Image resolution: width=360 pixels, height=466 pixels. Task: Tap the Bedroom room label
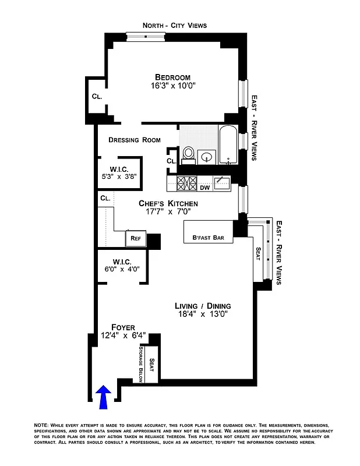[172, 77]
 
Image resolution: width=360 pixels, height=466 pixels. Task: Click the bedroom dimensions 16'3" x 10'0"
[172, 86]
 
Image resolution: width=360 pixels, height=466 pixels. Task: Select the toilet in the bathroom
[188, 153]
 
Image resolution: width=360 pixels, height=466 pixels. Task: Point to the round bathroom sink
[206, 157]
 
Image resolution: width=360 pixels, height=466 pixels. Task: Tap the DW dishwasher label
[204, 188]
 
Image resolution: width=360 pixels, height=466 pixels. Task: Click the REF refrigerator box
[135, 238]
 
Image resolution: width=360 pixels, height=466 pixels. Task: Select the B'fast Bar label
[208, 238]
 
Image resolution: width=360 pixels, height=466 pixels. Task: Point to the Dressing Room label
[135, 140]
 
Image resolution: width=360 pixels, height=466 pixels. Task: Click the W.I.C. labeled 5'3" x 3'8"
[119, 172]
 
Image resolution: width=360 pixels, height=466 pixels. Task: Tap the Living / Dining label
[203, 306]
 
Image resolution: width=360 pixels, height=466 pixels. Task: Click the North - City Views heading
[175, 25]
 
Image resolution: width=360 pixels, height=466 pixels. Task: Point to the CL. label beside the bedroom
[97, 97]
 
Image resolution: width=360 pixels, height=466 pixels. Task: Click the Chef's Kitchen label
[168, 203]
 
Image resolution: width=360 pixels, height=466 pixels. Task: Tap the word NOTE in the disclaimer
[43, 425]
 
